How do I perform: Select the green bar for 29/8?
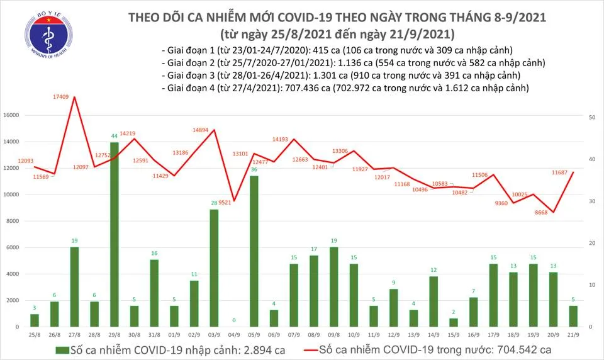(x=114, y=234)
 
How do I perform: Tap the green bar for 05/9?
(x=254, y=251)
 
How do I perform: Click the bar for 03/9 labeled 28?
(x=214, y=268)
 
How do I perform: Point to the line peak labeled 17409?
(x=75, y=97)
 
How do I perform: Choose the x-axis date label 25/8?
(x=35, y=334)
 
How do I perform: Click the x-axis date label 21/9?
(x=573, y=334)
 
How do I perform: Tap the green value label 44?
(x=115, y=137)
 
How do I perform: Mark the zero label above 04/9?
(x=234, y=320)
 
